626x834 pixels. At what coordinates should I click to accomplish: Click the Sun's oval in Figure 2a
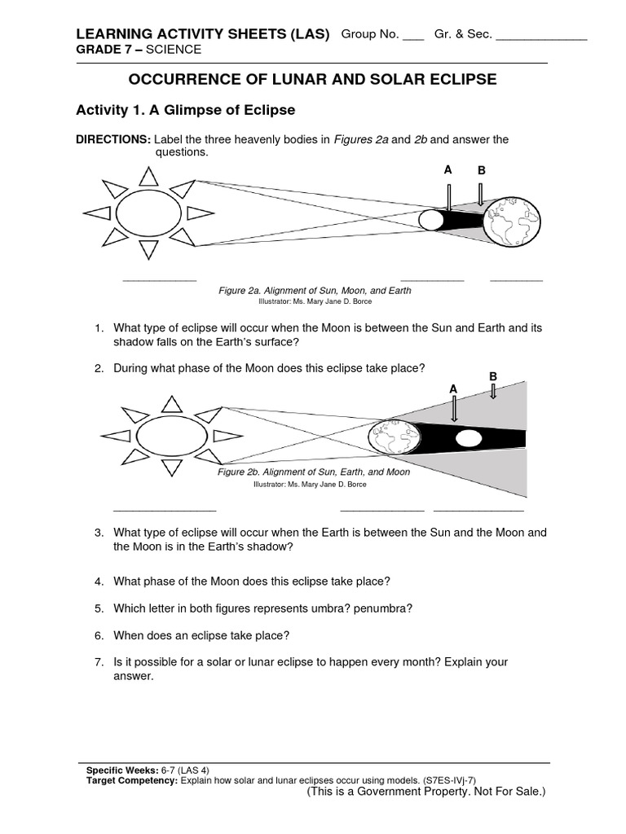click(x=148, y=213)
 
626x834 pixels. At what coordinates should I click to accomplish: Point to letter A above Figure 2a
click(x=447, y=169)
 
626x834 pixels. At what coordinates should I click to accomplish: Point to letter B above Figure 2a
click(x=481, y=171)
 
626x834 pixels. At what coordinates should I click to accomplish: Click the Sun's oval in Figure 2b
click(x=170, y=432)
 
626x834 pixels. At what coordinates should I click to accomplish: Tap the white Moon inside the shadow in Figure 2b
click(x=468, y=439)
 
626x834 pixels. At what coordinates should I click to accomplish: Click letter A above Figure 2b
click(x=454, y=390)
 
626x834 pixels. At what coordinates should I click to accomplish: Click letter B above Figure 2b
click(x=492, y=375)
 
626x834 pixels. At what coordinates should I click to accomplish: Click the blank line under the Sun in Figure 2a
click(x=159, y=279)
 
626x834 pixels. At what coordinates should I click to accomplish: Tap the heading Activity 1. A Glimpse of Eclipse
click(x=185, y=109)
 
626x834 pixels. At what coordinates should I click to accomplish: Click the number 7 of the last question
click(x=98, y=662)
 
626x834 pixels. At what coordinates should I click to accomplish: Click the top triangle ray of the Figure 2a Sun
click(x=148, y=176)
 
